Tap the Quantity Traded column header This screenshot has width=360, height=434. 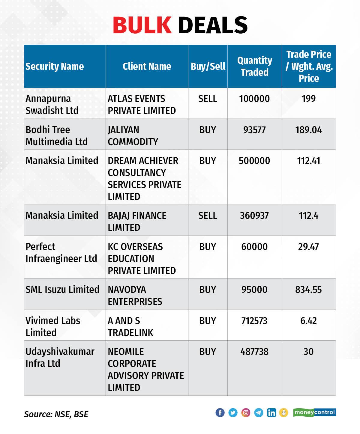click(x=254, y=66)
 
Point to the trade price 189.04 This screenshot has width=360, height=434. click(x=308, y=130)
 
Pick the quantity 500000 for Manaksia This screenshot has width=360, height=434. click(x=254, y=161)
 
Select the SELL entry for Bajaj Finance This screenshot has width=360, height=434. click(x=208, y=216)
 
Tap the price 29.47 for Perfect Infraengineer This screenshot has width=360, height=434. click(x=308, y=247)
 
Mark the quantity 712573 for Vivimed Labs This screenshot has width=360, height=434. click(x=254, y=321)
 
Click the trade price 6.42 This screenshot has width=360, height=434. click(x=308, y=321)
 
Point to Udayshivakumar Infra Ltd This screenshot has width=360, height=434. click(x=60, y=358)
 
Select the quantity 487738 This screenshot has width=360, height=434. click(x=254, y=352)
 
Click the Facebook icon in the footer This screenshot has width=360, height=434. click(x=220, y=413)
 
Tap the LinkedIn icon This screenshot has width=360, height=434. click(x=271, y=413)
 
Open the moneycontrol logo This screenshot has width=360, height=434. click(x=314, y=413)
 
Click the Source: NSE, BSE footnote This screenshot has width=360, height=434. click(x=56, y=414)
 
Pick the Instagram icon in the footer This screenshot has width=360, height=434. click(x=246, y=413)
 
